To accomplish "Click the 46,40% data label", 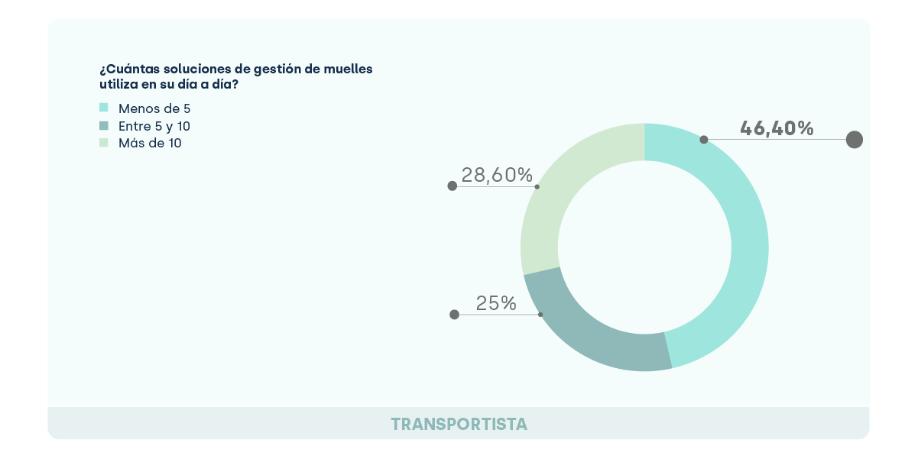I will [x=777, y=128].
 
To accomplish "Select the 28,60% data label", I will [x=497, y=175].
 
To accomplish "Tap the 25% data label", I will [x=496, y=303].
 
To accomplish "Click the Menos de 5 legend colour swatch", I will [x=104, y=108].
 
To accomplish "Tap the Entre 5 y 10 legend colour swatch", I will [x=104, y=125].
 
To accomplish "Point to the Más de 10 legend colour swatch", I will [x=104, y=142].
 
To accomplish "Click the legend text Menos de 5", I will [x=154, y=108].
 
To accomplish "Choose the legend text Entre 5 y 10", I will [x=154, y=126].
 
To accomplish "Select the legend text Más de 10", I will [x=150, y=143].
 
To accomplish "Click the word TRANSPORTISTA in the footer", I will [x=459, y=424].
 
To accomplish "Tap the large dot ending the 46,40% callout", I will [x=855, y=140].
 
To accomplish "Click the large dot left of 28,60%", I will [x=453, y=186].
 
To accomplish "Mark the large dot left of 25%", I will [x=454, y=314].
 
